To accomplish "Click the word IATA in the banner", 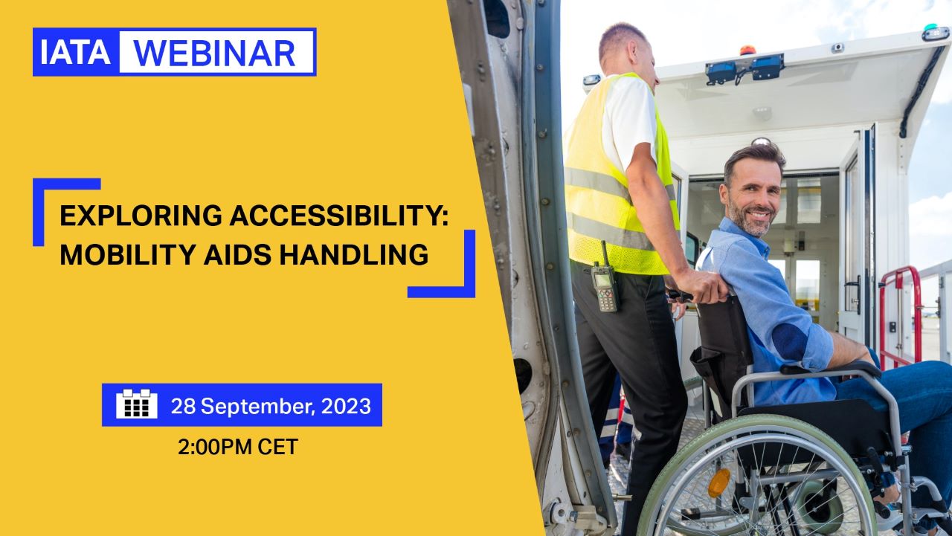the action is pyautogui.click(x=75, y=53).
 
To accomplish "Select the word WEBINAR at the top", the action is pyautogui.click(x=215, y=54).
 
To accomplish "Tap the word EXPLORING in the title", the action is pyautogui.click(x=141, y=216).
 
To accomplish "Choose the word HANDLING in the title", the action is pyautogui.click(x=353, y=254).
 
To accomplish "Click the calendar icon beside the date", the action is pyautogui.click(x=137, y=404).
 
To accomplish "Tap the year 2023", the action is pyautogui.click(x=346, y=406).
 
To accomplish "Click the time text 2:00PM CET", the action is pyautogui.click(x=238, y=447).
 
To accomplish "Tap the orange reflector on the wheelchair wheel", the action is pyautogui.click(x=719, y=483).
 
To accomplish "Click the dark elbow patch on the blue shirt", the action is pyautogui.click(x=789, y=343).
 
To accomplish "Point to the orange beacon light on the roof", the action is pyautogui.click(x=747, y=50).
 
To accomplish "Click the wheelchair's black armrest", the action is pyautogui.click(x=831, y=369).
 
